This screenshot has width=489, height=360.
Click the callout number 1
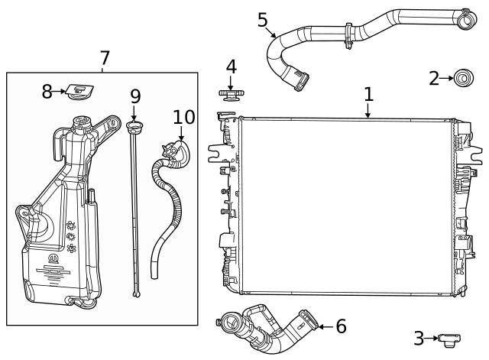pos(368,94)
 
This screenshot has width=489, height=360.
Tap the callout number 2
pos(434,77)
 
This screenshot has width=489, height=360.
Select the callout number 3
pos(419,338)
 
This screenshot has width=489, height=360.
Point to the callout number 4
pos(230,67)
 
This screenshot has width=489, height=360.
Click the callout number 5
pos(263,19)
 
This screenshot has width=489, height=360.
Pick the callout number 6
pos(341,326)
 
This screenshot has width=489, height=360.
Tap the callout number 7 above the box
pos(105,58)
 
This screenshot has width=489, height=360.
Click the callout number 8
pos(47,92)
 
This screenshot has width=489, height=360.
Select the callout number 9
pos(135,96)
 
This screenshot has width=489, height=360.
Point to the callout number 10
pos(184,117)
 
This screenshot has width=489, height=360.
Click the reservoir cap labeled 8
pos(77,92)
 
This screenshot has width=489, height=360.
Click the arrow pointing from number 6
pos(324,326)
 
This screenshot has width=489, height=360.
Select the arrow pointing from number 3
pos(432,338)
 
